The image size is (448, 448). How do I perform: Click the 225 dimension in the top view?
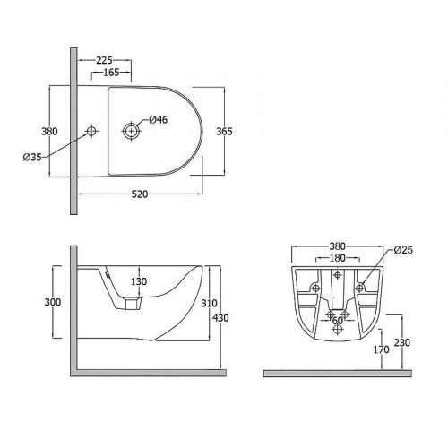coord(104,60)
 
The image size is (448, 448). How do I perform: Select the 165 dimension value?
coord(111,73)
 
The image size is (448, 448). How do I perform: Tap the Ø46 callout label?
coord(159,120)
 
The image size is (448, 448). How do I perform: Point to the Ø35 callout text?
coord(32,157)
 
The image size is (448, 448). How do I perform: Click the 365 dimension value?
coord(224,131)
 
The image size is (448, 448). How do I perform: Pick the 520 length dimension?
coord(140,194)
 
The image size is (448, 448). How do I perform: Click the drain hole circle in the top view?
coord(131,131)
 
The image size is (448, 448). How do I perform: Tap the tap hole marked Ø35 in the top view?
coord(91,131)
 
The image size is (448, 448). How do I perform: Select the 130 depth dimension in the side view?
coord(139,281)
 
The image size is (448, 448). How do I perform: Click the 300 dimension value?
coord(53,302)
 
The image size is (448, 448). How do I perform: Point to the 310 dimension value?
coord(209,303)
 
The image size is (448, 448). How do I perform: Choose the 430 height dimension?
coord(220,318)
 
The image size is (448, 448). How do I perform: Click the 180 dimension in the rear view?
coord(338,258)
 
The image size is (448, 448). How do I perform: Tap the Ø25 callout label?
coord(403,250)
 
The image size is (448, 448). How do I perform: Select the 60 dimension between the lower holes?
coord(338,320)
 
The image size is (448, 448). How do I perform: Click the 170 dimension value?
coord(382,349)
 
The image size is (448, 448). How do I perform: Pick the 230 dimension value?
coord(402,342)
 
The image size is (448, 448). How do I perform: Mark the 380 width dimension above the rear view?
coord(338,246)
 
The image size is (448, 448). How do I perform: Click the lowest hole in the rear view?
coord(338,330)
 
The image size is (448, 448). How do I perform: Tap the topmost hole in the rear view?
coord(338,274)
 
